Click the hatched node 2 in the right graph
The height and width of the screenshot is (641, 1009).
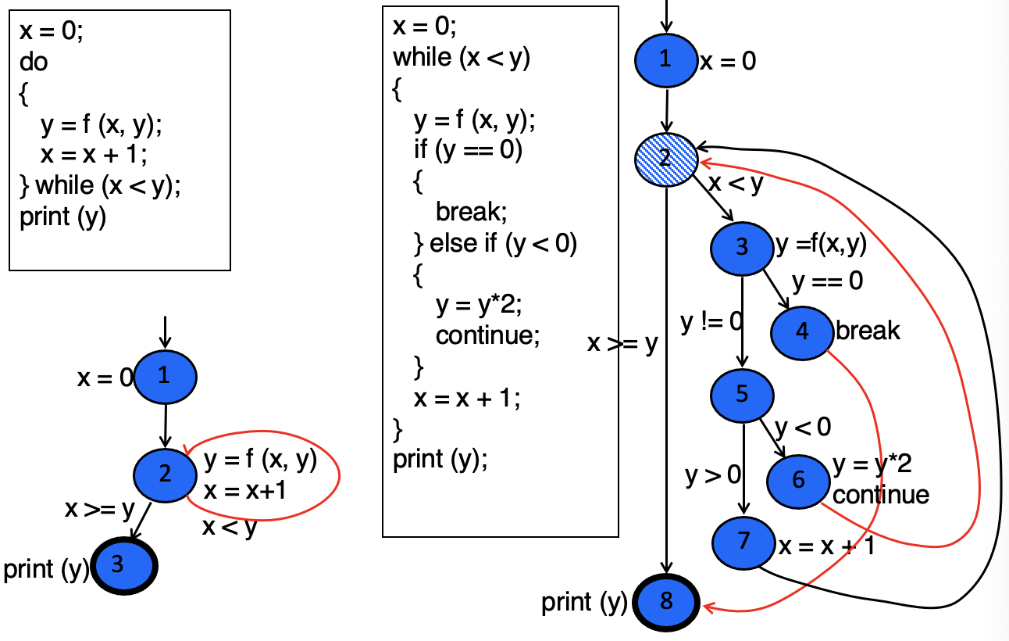click(665, 157)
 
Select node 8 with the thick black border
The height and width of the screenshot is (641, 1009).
click(666, 602)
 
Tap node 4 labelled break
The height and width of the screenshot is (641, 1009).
click(802, 331)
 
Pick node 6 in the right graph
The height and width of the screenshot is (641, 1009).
click(798, 479)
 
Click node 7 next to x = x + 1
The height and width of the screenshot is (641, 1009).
click(743, 540)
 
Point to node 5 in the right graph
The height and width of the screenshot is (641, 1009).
click(742, 393)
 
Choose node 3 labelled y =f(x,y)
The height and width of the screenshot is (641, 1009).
click(741, 248)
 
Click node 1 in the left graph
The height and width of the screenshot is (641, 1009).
click(165, 377)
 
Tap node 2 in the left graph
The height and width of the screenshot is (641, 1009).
click(165, 472)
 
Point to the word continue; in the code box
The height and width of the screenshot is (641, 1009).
click(488, 335)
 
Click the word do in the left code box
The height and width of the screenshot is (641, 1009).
click(34, 62)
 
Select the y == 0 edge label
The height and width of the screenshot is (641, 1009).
click(827, 281)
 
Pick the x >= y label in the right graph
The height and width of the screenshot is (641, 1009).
click(622, 344)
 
